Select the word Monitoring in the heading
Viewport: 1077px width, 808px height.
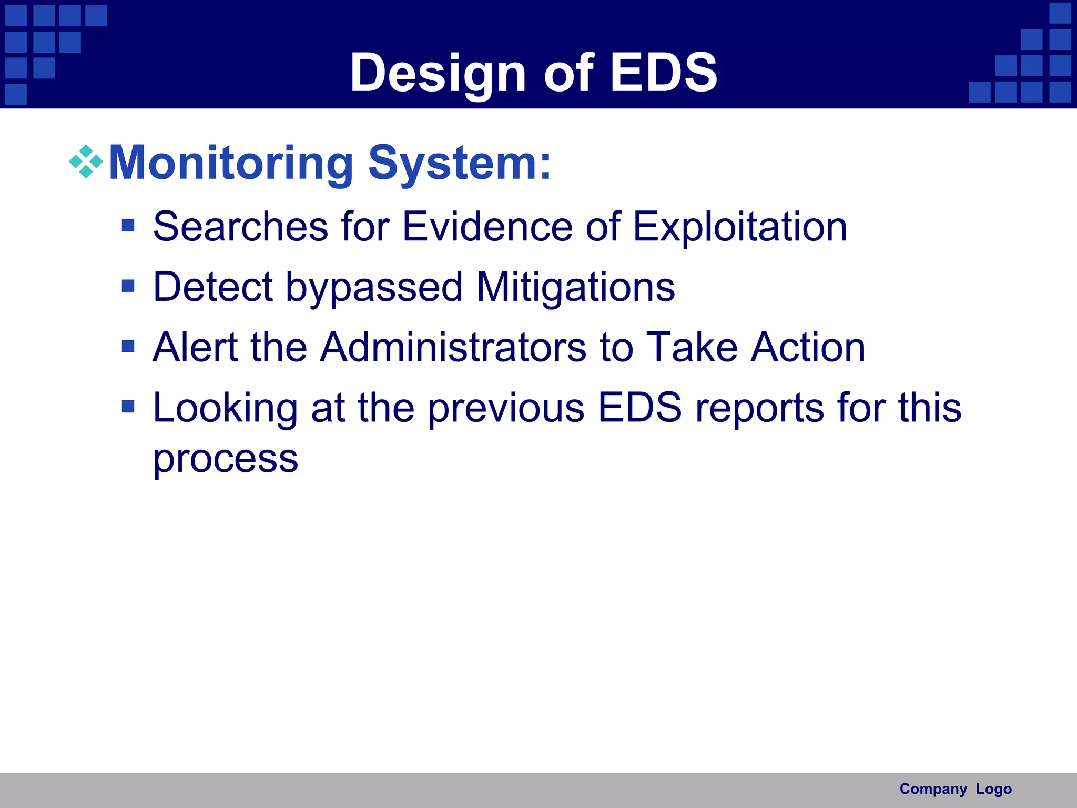[231, 163]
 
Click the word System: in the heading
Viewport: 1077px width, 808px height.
[460, 163]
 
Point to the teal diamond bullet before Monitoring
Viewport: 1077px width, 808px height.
[86, 161]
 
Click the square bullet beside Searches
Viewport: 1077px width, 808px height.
[128, 226]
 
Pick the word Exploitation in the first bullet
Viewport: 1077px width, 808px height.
[739, 227]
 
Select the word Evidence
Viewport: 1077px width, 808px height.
[487, 227]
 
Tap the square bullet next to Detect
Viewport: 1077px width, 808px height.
[128, 286]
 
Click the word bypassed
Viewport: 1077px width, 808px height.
[373, 288]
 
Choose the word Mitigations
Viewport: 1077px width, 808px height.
[575, 288]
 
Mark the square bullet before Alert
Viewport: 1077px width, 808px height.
[128, 347]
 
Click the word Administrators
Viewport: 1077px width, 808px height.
[453, 347]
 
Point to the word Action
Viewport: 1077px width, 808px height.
[808, 347]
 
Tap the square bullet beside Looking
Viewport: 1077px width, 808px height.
[128, 407]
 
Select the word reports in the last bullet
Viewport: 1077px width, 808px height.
[760, 408]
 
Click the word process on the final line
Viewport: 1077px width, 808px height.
[226, 459]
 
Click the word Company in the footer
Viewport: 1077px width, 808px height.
[933, 789]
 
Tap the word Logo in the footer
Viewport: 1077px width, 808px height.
[993, 789]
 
